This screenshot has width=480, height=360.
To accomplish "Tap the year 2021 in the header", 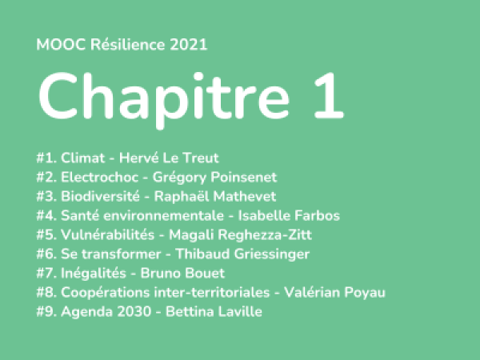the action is click(x=189, y=45).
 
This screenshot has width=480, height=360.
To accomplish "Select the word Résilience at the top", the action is click(x=128, y=45).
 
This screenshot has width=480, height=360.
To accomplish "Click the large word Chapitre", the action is click(x=164, y=98).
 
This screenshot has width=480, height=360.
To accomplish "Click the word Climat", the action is click(x=83, y=158).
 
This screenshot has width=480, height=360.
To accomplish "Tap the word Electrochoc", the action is click(x=100, y=178).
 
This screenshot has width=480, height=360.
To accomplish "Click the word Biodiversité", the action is click(x=101, y=196).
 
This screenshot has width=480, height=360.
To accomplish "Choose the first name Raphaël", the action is click(x=182, y=196).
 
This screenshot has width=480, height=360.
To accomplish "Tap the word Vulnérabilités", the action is click(x=108, y=234).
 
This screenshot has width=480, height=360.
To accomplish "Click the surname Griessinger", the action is click(x=272, y=254).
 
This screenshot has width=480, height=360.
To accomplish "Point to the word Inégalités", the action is click(x=94, y=273).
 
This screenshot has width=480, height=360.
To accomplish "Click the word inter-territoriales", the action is click(x=212, y=292).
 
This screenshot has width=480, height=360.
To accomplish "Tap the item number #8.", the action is click(x=46, y=292).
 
